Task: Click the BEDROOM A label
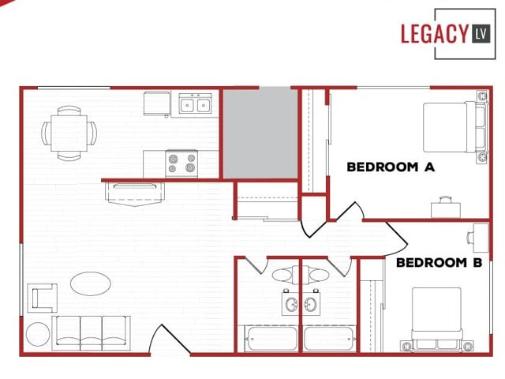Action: click(x=391, y=167)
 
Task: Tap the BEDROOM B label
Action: click(x=439, y=262)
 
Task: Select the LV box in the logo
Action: click(x=481, y=33)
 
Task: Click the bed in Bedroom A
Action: click(x=451, y=127)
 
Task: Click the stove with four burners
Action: click(x=181, y=163)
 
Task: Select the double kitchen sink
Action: click(x=195, y=103)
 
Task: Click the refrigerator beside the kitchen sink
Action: click(x=157, y=103)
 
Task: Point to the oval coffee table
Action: click(x=91, y=283)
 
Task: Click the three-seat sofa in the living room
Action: click(x=92, y=332)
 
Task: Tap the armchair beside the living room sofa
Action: click(x=43, y=298)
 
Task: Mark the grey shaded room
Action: click(x=260, y=133)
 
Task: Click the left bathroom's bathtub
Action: click(x=267, y=340)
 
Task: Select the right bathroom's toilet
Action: click(x=317, y=276)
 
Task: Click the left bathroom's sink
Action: click(x=290, y=304)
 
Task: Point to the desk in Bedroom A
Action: click(x=447, y=206)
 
